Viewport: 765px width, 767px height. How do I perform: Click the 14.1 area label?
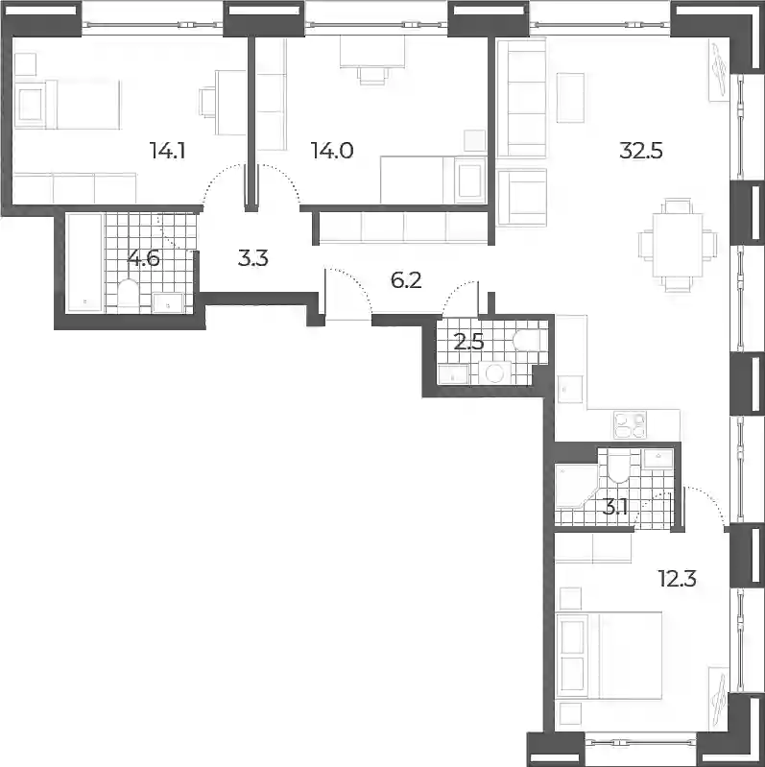point(167,151)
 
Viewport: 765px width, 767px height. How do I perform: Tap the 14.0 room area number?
point(332,151)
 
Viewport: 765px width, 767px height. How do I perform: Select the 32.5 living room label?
point(641,151)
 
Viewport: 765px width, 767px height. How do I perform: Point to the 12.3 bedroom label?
point(678,579)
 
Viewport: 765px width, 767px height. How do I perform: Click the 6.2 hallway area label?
point(406,280)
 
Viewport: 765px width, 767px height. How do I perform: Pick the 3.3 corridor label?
point(252,258)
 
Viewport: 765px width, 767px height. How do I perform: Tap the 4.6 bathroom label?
point(143,258)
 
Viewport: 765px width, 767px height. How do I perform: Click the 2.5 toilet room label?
point(469,342)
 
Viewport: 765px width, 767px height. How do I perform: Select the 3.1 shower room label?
point(615,508)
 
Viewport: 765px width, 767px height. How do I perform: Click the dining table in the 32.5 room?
point(678,246)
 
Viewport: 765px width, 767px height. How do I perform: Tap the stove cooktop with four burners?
point(630,424)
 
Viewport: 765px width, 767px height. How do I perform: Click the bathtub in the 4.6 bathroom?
point(84,262)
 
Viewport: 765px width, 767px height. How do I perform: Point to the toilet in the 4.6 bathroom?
point(130,294)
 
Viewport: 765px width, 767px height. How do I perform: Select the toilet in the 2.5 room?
point(526,340)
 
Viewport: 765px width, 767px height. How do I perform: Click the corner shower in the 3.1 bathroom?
point(576,488)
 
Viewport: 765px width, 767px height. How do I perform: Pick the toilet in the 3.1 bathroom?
point(617,466)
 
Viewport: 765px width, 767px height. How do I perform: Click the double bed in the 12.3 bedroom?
point(609,656)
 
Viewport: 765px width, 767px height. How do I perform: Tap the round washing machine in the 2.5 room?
point(495,373)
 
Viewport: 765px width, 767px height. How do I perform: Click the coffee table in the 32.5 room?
point(570,98)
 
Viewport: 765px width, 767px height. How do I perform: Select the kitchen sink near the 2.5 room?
point(570,389)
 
